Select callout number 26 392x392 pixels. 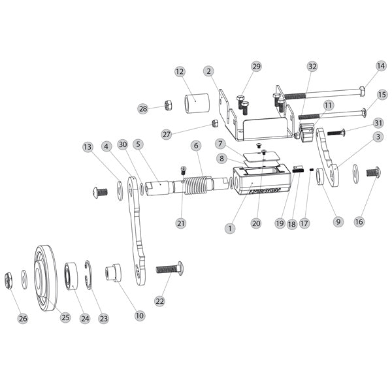(x=24, y=319)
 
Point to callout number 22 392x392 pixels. (x=159, y=301)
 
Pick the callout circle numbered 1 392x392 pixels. (x=229, y=229)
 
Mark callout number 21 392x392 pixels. (x=181, y=223)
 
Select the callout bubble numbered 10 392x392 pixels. (x=139, y=316)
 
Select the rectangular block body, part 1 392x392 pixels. (x=259, y=186)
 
